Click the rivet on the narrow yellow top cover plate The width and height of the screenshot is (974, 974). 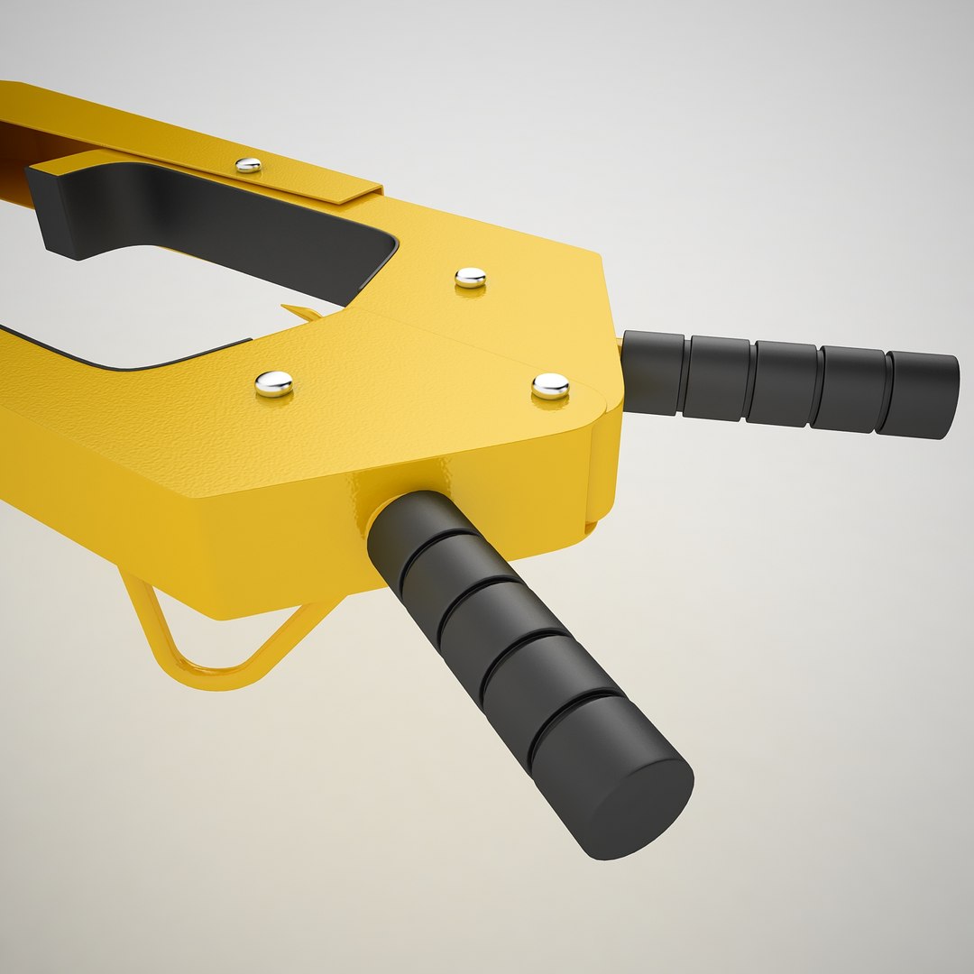tap(248, 165)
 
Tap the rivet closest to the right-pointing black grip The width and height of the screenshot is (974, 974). tap(550, 386)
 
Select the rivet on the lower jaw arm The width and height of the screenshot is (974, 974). tap(273, 383)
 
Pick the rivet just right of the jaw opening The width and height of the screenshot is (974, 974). tap(470, 277)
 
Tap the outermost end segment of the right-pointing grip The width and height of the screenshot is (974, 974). tap(920, 395)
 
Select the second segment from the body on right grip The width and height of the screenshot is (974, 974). tap(717, 377)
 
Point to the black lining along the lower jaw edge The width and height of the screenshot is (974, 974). tap(135, 356)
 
